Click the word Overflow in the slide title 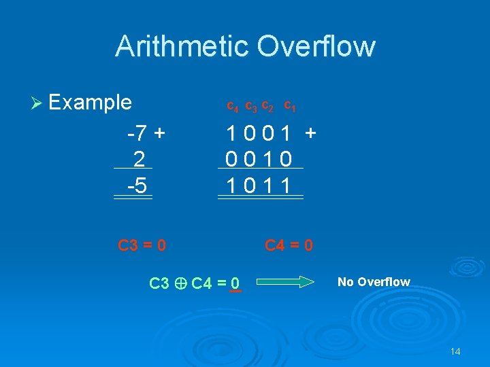tap(316, 46)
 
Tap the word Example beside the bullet tap(91, 103)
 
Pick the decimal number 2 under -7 tap(139, 158)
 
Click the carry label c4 tap(232, 107)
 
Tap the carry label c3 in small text tap(250, 107)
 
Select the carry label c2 tap(267, 106)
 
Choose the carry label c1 tap(289, 105)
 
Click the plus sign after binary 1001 tap(310, 133)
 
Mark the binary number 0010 tap(259, 159)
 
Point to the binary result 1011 tap(259, 186)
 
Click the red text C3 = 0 tap(142, 245)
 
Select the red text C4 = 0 tap(289, 245)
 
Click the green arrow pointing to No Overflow tap(286, 281)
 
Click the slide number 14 tap(455, 351)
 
